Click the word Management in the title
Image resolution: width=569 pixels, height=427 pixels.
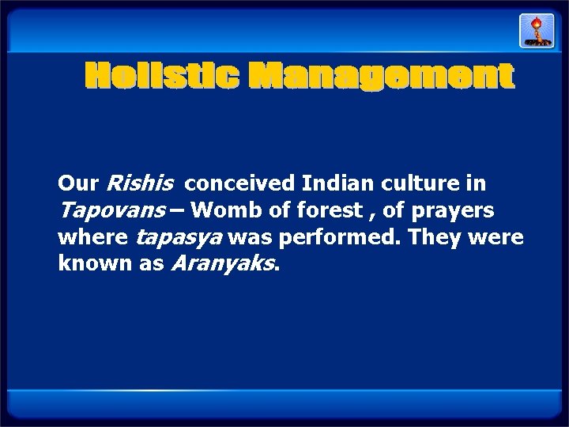coord(382,77)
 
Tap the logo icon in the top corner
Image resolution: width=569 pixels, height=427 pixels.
coord(531,31)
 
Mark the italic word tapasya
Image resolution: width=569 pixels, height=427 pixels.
coord(169,236)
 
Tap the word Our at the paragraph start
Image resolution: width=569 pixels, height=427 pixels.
coord(77,184)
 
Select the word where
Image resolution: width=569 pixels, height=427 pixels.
coord(94,236)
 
